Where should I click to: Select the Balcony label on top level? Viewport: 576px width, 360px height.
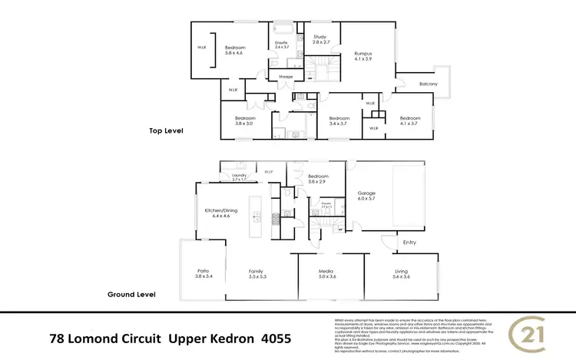428,84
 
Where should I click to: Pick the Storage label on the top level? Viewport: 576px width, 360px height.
286,77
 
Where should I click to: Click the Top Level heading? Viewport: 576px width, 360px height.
167,131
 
